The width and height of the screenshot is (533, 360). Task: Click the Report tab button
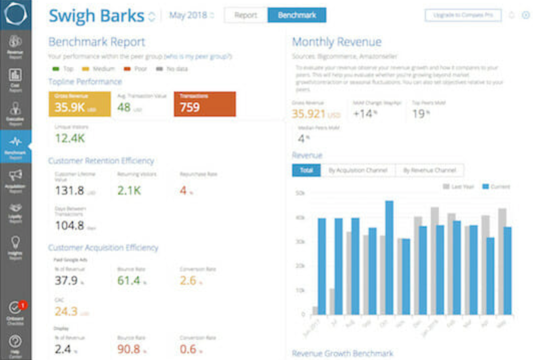245,15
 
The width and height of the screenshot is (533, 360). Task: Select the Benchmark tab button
297,15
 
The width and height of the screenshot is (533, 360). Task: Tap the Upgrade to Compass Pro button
463,15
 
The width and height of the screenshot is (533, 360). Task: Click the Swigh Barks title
97,16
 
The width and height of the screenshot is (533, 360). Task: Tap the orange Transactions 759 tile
204,104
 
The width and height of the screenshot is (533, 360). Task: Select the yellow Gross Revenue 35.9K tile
79,104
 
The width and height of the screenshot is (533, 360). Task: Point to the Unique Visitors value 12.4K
70,138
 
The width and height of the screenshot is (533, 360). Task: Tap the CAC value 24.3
66,311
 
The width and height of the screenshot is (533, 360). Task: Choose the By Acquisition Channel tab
358,170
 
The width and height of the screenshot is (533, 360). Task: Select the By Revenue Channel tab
429,170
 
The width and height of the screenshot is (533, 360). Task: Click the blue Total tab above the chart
306,170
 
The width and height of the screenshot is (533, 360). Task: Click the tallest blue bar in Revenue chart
389,258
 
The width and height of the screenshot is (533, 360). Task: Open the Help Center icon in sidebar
16,342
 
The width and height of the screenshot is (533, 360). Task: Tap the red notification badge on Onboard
23,304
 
